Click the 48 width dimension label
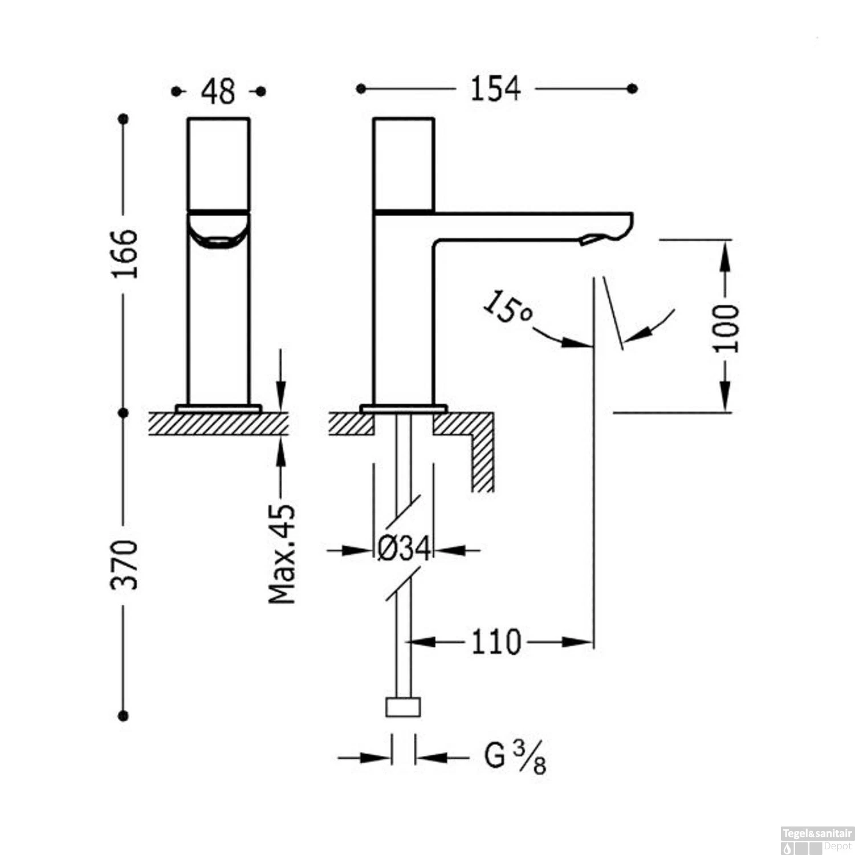[x=218, y=91]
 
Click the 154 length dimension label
[x=495, y=89]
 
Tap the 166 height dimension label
[x=125, y=253]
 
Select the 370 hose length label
[x=125, y=564]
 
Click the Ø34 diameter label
[x=404, y=550]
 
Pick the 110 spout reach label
[x=495, y=642]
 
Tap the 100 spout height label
[x=726, y=328]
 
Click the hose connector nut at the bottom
[x=404, y=707]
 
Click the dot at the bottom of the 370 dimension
[x=123, y=716]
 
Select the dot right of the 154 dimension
[x=632, y=88]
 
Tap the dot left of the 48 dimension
[x=176, y=91]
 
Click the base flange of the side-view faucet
[x=404, y=408]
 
